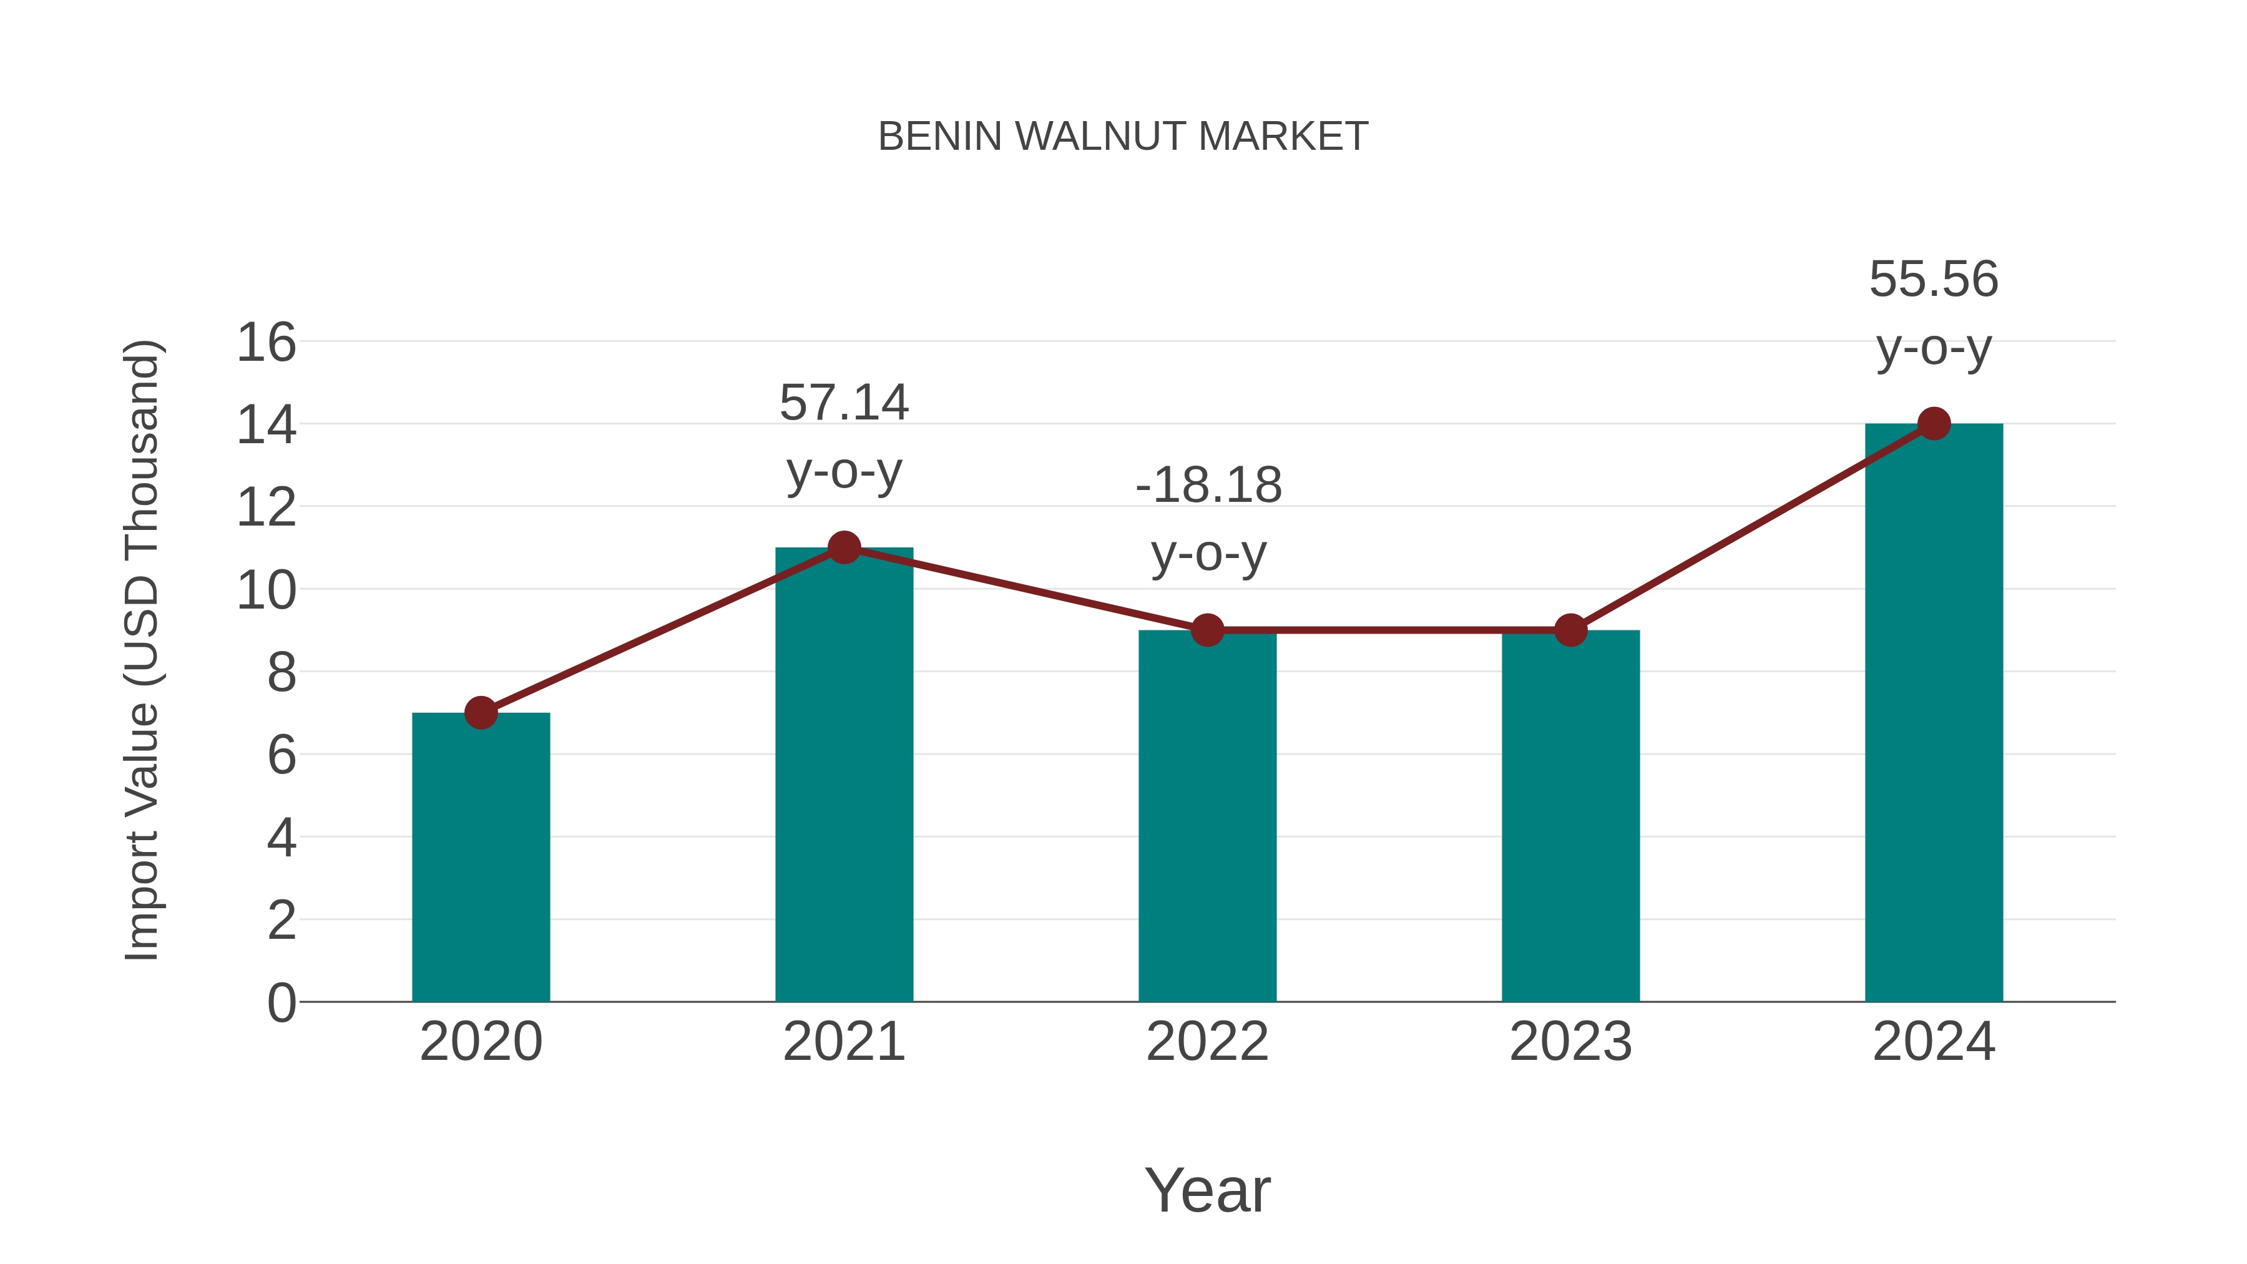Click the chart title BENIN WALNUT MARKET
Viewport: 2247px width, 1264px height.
coord(1123,137)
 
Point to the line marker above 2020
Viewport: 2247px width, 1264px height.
coord(481,713)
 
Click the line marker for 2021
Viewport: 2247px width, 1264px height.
coord(843,548)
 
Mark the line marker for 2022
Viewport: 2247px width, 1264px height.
coord(1207,630)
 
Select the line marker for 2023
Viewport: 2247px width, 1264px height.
coord(1570,630)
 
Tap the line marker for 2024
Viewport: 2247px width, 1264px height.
coord(1933,424)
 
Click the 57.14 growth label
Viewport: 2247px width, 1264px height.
coord(843,404)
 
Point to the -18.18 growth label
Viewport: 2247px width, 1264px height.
coord(1208,486)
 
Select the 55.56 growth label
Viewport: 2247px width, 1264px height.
coord(1933,280)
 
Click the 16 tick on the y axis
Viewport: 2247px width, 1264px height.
coord(266,342)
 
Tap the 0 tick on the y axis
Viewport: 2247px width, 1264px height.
coord(281,1002)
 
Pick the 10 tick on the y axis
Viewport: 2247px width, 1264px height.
coord(266,590)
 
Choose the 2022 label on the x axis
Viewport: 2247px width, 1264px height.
coord(1207,1042)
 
